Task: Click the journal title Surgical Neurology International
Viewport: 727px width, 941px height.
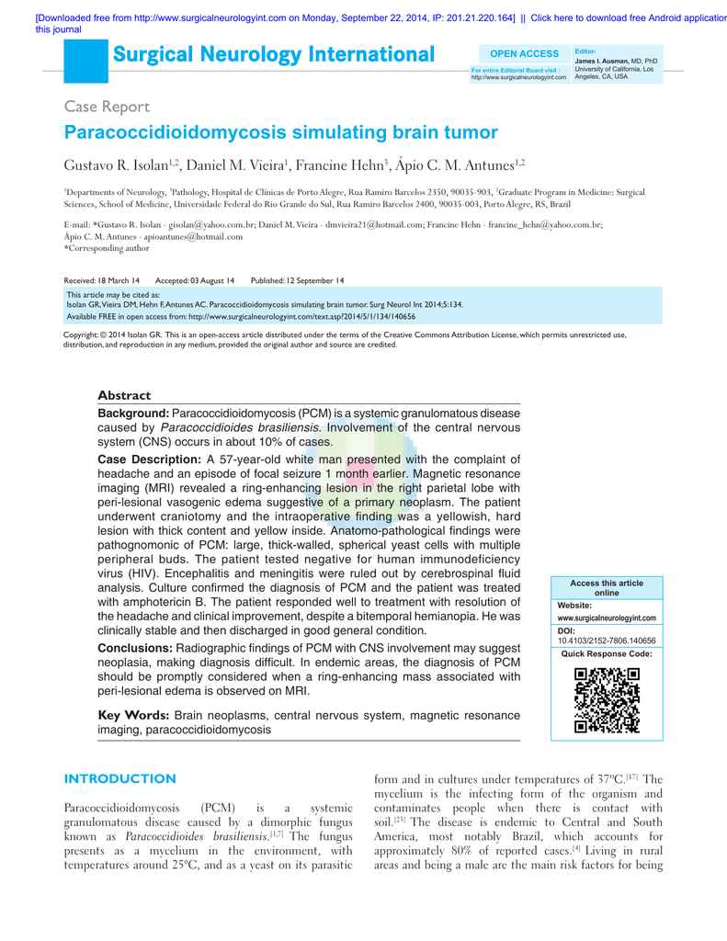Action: [x=274, y=55]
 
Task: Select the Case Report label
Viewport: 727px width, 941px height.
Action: [x=101, y=107]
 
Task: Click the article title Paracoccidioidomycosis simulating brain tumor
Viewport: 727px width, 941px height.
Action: [x=281, y=133]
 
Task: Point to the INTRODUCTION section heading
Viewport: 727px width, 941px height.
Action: [x=119, y=779]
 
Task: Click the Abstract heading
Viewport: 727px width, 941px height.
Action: [x=124, y=395]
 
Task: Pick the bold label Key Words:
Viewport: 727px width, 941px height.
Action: [x=133, y=715]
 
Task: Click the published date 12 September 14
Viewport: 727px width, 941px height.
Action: [x=316, y=279]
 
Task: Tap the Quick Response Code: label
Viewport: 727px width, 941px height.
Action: [x=607, y=653]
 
